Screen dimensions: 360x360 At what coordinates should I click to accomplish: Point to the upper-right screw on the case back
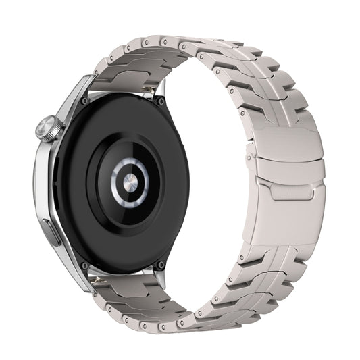pyautogui.click(x=161, y=101)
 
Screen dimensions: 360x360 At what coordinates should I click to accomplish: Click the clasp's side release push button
pyautogui.click(x=251, y=157)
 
